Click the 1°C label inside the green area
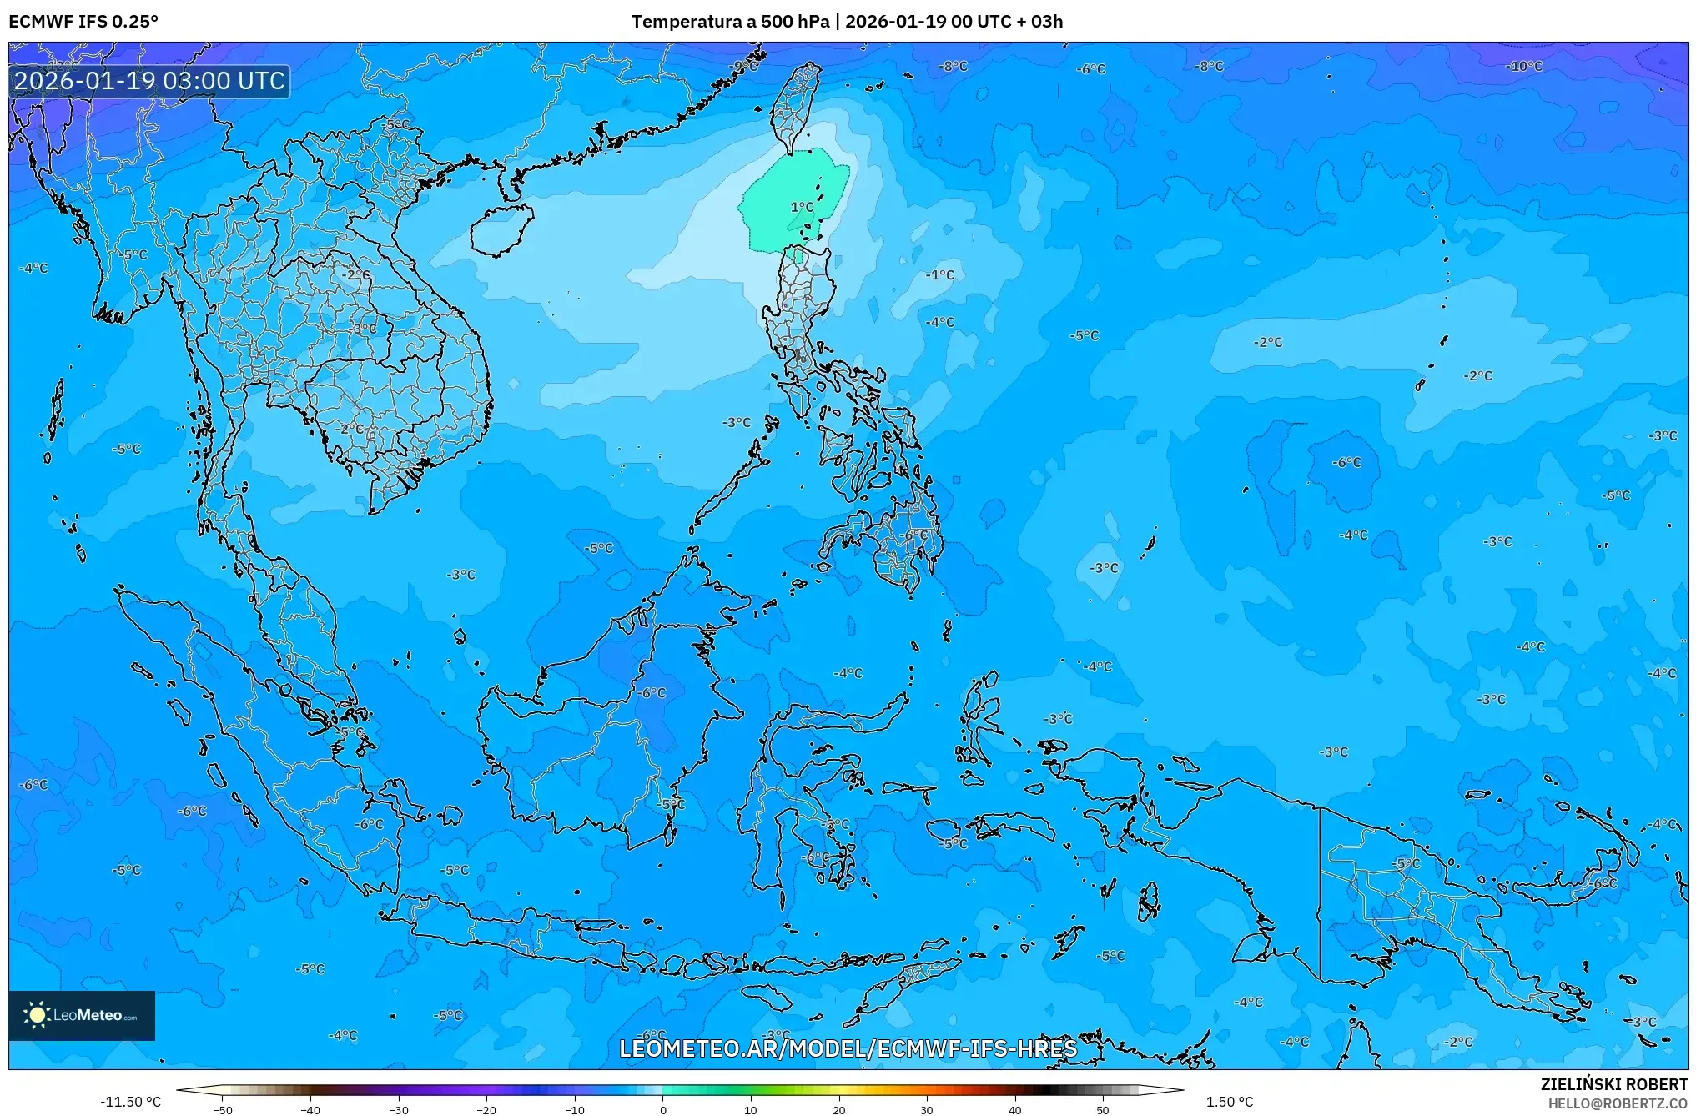tap(802, 207)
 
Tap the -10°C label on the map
tap(1524, 67)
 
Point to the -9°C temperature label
tap(743, 66)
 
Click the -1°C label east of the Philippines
tap(940, 274)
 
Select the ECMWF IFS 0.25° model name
tap(83, 22)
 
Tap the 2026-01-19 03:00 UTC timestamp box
tap(150, 81)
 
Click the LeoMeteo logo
tap(82, 1015)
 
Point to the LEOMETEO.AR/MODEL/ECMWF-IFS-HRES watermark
tap(848, 1048)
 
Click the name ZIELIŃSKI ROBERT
tap(1613, 1084)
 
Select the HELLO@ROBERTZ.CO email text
tap(1618, 1103)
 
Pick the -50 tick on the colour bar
tap(223, 1109)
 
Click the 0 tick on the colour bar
tap(663, 1109)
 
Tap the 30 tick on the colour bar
tap(927, 1109)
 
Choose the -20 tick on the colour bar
tap(486, 1109)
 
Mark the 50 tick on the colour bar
tap(1103, 1109)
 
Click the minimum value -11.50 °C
tap(131, 1102)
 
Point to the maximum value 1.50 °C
tap(1229, 1102)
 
